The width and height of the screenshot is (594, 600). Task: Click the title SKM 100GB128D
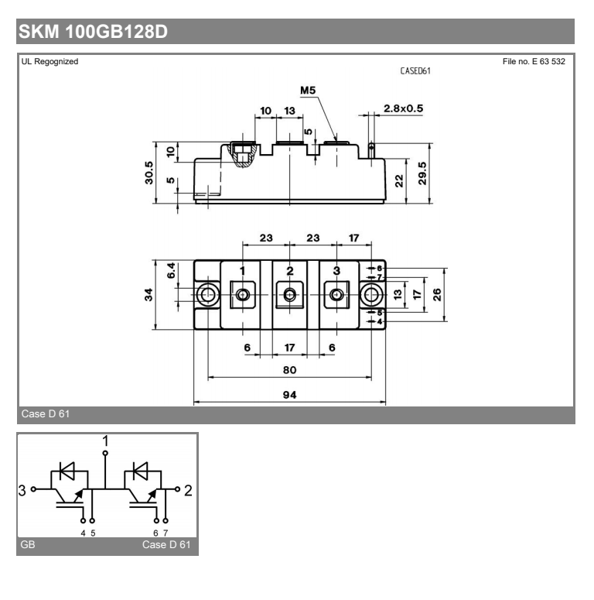[93, 32]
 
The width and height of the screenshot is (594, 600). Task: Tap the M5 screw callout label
[308, 91]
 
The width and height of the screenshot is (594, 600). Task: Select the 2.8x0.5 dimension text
[403, 108]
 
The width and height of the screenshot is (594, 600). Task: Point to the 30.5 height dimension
[148, 173]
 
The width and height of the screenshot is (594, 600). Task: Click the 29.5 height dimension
[422, 173]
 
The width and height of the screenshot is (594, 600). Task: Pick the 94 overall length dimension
[289, 395]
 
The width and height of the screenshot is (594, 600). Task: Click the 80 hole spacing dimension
[289, 369]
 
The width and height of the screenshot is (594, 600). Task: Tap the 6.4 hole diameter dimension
[171, 270]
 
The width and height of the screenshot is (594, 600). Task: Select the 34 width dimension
[148, 295]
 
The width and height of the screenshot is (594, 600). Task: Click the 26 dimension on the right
[436, 295]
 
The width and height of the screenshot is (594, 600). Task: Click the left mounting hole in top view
[208, 295]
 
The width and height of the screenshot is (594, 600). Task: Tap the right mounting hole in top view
[371, 295]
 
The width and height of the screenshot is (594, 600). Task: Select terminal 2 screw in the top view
[289, 295]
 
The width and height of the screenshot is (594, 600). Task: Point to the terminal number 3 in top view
[336, 270]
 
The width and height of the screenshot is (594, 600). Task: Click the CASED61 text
[415, 70]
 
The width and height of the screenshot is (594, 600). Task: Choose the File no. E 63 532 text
[534, 61]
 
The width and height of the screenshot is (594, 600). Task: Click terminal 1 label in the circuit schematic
[105, 441]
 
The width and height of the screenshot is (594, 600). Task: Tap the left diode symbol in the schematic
[67, 471]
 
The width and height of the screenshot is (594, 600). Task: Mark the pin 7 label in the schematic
[166, 533]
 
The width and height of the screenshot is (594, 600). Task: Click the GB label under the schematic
[28, 544]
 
